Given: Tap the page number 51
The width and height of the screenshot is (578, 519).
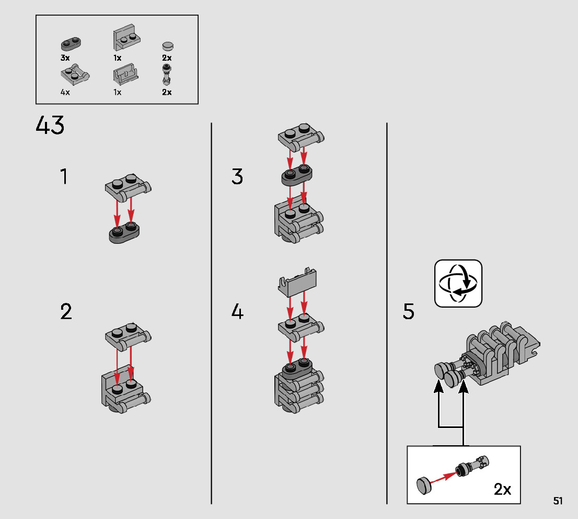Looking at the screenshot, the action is (558, 501).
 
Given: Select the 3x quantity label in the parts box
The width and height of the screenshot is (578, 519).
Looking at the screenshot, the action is (65, 58).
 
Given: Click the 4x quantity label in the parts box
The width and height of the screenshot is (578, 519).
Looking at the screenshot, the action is (65, 92).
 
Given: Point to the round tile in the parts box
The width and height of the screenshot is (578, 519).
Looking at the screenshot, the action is (168, 46).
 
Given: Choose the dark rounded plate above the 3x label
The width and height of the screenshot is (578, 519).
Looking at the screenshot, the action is (71, 43).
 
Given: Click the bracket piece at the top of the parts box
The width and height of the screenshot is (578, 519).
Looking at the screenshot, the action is (126, 37).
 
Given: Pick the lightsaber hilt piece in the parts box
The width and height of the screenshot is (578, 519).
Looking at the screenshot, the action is (167, 75).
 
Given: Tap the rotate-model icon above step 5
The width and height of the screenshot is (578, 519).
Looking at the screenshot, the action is (458, 284).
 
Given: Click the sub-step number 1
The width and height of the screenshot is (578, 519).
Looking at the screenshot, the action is (64, 176).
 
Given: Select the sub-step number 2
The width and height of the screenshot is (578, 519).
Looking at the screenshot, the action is (66, 311).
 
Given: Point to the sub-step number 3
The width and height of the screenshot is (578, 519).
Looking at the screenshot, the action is (237, 176).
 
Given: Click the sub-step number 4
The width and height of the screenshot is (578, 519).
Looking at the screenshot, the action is (237, 311).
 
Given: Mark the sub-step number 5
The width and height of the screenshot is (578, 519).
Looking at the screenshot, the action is (409, 311).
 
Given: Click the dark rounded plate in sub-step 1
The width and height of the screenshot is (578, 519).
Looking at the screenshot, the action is (124, 232).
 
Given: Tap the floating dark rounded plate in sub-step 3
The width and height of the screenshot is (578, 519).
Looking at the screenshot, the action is (297, 175).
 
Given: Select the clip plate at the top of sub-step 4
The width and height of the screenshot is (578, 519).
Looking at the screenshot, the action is (297, 283).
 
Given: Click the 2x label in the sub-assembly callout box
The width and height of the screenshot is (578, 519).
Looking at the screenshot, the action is (502, 489).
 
